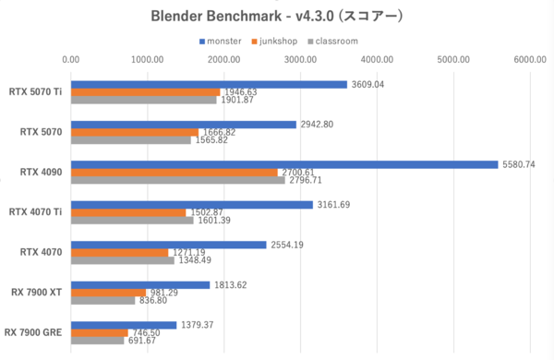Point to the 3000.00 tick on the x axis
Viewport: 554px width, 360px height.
(x=301, y=59)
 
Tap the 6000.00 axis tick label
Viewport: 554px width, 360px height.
(x=530, y=59)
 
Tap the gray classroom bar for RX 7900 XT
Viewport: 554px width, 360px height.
(x=102, y=300)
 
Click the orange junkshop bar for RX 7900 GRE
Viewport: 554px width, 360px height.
(x=99, y=331)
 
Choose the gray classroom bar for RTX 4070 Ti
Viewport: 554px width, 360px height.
(x=132, y=221)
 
